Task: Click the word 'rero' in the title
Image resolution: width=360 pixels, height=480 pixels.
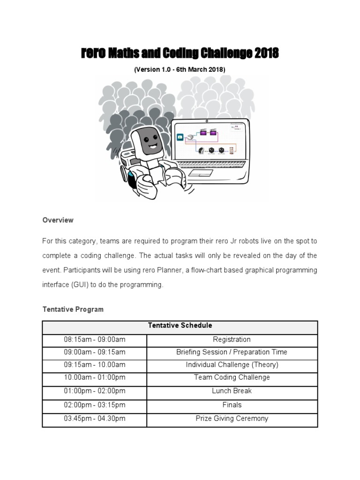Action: point(94,54)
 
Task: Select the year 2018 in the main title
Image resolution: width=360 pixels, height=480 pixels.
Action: point(266,54)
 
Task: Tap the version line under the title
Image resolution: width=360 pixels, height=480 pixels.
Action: point(180,69)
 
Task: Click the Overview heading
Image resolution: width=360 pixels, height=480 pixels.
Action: point(58,220)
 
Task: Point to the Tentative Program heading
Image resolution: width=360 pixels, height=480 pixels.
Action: point(73,309)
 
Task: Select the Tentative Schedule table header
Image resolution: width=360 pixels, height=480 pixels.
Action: point(180,325)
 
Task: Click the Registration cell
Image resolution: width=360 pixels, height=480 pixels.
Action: point(232,339)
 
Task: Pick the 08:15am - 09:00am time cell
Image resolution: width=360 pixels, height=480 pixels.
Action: point(95,339)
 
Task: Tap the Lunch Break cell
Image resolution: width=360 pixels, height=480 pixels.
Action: point(232,390)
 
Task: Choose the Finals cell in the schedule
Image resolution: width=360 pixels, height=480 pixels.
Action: point(232,405)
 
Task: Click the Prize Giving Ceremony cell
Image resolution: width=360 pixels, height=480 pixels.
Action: point(232,419)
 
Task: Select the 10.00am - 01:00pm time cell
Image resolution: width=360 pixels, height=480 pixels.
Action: point(95,377)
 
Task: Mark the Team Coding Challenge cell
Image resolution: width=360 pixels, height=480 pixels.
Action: point(232,377)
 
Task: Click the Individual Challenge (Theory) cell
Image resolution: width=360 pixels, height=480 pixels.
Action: point(232,365)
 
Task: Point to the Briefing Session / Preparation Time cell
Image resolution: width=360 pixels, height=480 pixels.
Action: point(232,352)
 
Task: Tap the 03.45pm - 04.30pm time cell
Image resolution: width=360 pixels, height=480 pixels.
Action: point(95,419)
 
